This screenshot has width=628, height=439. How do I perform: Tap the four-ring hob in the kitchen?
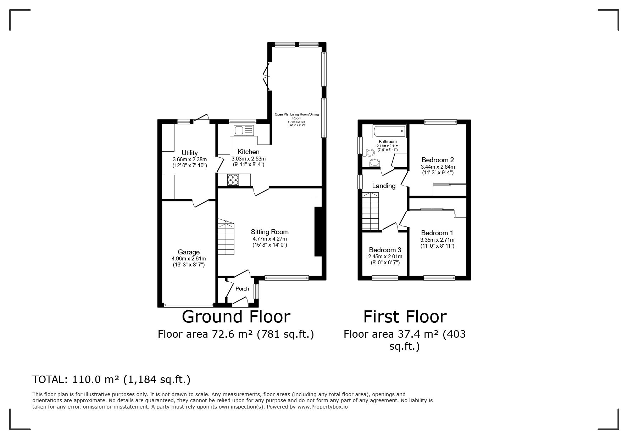233,180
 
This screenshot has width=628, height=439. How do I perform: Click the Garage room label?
188,252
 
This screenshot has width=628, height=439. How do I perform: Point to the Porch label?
242,289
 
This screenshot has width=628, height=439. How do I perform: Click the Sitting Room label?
269,232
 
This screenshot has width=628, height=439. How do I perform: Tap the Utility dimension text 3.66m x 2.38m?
190,159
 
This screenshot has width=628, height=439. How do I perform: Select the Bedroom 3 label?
385,250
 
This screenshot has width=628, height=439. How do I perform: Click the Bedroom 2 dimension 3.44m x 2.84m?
438,167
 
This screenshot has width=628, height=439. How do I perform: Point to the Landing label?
384,186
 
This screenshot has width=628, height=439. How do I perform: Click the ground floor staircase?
226,237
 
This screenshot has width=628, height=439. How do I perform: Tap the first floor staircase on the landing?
371,212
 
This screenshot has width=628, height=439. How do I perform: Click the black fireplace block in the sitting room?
318,231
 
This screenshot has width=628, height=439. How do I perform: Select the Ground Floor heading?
236,316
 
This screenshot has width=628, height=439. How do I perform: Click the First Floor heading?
405,316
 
